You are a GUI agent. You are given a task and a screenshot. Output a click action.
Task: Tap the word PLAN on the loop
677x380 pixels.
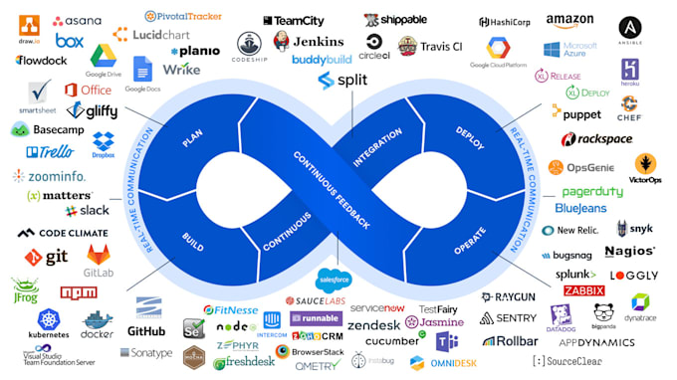coord(193,136)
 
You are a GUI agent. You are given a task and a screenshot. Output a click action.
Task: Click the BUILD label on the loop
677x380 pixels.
coord(193,241)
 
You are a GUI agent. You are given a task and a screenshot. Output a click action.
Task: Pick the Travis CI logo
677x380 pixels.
coord(428,46)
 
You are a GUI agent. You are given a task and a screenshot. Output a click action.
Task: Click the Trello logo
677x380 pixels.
coord(50,152)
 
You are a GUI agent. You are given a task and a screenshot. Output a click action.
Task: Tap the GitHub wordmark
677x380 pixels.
coord(146,330)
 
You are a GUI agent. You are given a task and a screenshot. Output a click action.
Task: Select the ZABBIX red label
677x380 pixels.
coord(584,290)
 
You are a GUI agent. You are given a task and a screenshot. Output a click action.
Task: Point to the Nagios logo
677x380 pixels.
coord(629,252)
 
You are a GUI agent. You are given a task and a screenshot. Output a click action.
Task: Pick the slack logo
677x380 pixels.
coord(88,211)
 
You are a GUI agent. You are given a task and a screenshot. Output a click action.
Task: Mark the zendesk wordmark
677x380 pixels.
coord(373,325)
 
